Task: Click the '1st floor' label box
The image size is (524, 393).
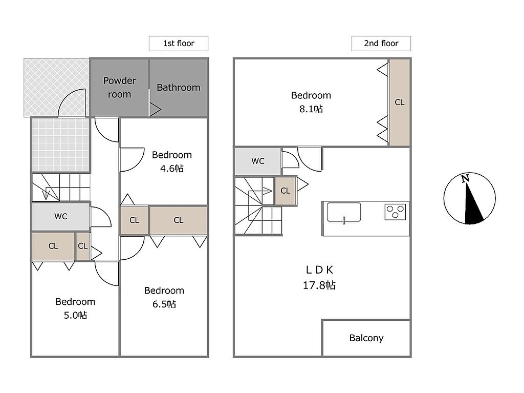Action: pos(179,44)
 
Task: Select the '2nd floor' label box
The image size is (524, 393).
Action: pos(381,44)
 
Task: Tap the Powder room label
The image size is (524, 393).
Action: pos(119,88)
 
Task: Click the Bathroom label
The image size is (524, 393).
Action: pos(179,88)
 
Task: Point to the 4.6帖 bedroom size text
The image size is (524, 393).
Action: pos(172,168)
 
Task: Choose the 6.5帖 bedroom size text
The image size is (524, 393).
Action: pos(164,304)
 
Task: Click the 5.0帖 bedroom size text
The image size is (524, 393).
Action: pos(75,315)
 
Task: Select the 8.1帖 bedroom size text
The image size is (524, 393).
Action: pos(311,109)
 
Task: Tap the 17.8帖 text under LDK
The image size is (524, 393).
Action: pos(319,285)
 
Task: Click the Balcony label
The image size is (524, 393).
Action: pos(366,338)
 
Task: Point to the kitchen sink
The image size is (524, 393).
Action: pos(344,212)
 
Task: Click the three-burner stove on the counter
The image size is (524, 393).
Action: pos(395,212)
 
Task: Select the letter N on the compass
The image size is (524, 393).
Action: pos(465,178)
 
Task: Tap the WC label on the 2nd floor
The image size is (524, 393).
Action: pos(258,161)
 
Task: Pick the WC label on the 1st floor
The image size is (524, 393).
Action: pos(60,216)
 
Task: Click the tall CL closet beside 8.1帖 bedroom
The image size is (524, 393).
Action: pos(400,102)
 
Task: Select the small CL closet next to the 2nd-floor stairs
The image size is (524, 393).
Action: pos(286,191)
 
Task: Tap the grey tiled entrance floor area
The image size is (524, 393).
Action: pos(61,144)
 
